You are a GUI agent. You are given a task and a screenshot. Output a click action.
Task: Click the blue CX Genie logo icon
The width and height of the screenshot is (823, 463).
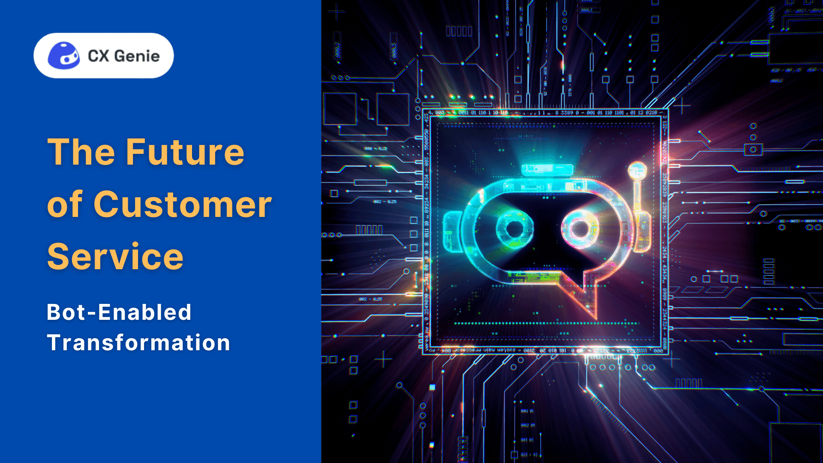[x=63, y=56]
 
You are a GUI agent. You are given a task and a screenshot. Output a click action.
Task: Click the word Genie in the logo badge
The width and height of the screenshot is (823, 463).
[x=137, y=56]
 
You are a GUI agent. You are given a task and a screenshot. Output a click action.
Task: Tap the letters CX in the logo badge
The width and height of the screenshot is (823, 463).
[x=99, y=56]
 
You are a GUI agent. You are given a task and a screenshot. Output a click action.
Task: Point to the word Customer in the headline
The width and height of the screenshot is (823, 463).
[x=183, y=204]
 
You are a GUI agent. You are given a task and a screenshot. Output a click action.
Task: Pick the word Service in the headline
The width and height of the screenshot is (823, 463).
[x=115, y=256]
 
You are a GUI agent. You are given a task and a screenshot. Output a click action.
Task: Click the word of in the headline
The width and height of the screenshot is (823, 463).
[x=65, y=204]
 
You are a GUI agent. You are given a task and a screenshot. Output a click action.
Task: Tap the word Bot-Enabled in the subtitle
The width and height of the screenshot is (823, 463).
[x=119, y=312]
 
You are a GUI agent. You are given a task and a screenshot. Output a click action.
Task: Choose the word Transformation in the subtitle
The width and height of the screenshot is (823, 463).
[x=138, y=343]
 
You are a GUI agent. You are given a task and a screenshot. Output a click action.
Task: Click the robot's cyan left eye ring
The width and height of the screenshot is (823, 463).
[x=514, y=228]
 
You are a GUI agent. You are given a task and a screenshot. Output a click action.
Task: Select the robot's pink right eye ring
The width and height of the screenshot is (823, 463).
[x=580, y=228]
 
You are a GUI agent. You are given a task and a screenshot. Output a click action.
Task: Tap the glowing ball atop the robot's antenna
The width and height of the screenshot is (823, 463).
[x=637, y=170]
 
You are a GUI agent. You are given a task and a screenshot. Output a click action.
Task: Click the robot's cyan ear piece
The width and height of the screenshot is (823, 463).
[x=452, y=231]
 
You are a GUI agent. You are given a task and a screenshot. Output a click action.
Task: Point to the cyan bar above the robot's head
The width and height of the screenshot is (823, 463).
[x=547, y=170]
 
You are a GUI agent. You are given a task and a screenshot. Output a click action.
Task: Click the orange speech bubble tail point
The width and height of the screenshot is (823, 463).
[x=595, y=317]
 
